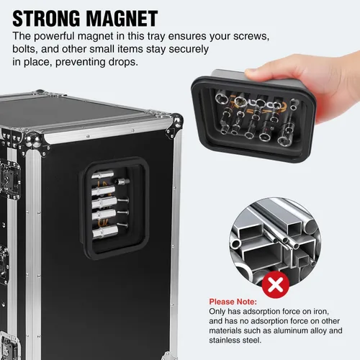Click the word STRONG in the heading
click(x=46, y=19)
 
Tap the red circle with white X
click(x=276, y=284)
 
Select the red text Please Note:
click(x=233, y=302)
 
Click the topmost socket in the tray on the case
click(x=103, y=174)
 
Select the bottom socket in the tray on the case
click(x=105, y=232)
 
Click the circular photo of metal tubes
click(x=275, y=243)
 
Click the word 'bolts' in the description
click(x=24, y=49)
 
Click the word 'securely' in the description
click(x=189, y=50)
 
